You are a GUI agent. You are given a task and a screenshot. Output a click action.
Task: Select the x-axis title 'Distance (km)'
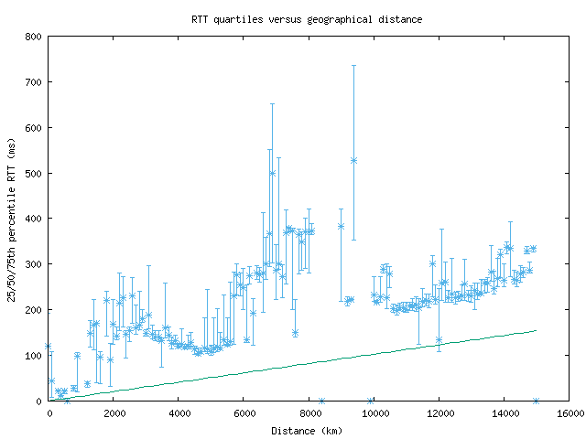pyautogui.click(x=309, y=430)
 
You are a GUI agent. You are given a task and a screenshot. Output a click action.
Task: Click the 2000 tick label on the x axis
pyautogui.click(x=114, y=413)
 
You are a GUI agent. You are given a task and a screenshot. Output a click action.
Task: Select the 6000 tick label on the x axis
pyautogui.click(x=244, y=413)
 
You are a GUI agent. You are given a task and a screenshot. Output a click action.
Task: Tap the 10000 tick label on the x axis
pyautogui.click(x=374, y=413)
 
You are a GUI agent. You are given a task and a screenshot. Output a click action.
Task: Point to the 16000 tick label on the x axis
pyautogui.click(x=569, y=413)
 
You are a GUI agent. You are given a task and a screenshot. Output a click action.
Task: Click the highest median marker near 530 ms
pyautogui.click(x=353, y=160)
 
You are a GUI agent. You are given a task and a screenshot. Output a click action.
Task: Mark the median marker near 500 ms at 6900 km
pyautogui.click(x=272, y=173)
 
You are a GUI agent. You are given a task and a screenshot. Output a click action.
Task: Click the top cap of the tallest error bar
pyautogui.click(x=353, y=65)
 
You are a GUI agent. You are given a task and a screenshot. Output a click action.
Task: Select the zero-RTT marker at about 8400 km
pyautogui.click(x=321, y=401)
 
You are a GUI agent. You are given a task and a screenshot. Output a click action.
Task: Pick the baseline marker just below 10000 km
pyautogui.click(x=370, y=401)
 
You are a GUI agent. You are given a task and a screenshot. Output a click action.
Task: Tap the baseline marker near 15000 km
pyautogui.click(x=536, y=401)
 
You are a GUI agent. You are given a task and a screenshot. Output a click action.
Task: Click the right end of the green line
pyautogui.click(x=536, y=330)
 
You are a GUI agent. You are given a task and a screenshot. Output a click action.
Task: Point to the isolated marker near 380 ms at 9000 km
pyautogui.click(x=341, y=226)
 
